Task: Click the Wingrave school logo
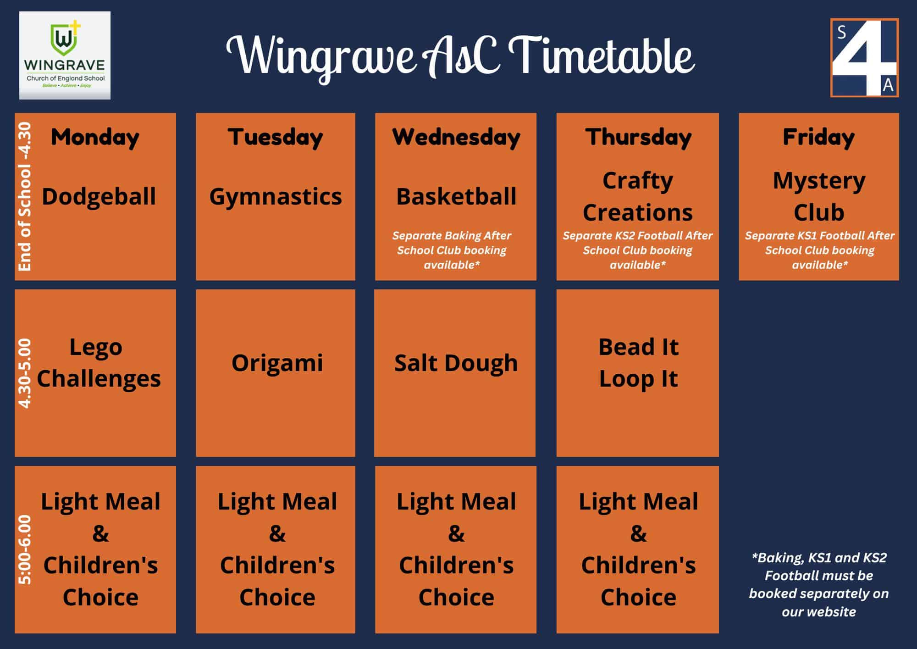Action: (x=65, y=55)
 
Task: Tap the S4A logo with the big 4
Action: (x=864, y=58)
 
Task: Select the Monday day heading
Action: (x=95, y=137)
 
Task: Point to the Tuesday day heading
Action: (x=276, y=137)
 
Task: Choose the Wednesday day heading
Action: (x=456, y=137)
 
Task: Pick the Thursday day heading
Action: (x=638, y=137)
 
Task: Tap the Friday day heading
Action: (x=819, y=137)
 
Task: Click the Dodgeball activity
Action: (x=99, y=196)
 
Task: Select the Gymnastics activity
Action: (x=276, y=196)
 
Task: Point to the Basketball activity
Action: (x=456, y=196)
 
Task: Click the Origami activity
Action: (x=277, y=363)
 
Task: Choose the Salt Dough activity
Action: (x=456, y=363)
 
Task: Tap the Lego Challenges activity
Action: (x=98, y=363)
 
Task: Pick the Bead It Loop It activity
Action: (x=638, y=363)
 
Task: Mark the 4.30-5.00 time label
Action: (x=25, y=373)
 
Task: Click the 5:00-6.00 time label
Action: (x=25, y=549)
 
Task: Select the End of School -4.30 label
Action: (x=25, y=196)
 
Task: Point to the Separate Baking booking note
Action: (x=452, y=250)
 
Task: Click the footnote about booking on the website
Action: (x=819, y=584)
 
